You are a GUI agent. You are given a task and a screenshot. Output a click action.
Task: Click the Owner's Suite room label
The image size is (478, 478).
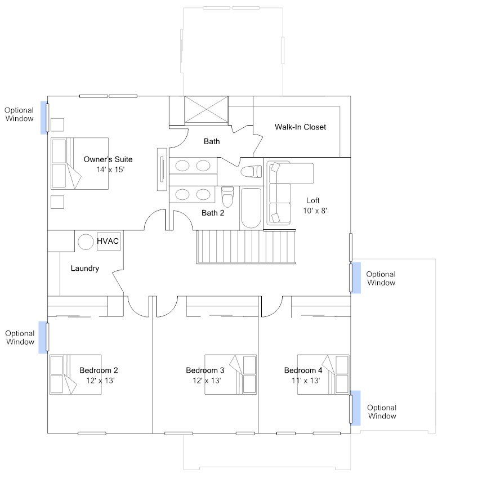tap(108, 164)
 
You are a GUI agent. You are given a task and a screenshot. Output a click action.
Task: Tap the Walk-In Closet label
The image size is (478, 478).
tap(300, 127)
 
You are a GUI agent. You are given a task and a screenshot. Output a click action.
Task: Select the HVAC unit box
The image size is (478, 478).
tap(109, 241)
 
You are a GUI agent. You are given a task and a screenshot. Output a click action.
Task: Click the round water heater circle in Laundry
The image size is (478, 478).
tap(86, 242)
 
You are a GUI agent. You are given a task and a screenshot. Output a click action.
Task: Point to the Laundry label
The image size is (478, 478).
tap(85, 268)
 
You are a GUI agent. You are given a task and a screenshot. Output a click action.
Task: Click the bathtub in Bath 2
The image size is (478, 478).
tap(251, 208)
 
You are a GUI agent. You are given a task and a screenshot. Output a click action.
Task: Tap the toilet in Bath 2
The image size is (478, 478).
tap(227, 196)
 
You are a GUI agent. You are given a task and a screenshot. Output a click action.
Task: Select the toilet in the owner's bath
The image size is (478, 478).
tap(251, 172)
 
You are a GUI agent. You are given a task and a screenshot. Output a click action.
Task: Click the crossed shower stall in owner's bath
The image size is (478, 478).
tap(207, 109)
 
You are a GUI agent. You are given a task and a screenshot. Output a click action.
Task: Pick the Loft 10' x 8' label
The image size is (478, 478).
tap(315, 206)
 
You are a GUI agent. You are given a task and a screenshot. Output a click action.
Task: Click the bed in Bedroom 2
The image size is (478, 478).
tap(75, 374)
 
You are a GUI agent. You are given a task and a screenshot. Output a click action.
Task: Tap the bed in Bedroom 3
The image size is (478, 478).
tap(230, 374)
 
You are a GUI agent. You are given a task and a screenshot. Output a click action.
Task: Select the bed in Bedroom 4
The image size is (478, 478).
tap(323, 374)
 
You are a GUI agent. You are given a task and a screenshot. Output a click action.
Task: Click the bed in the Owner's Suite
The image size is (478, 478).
tap(79, 163)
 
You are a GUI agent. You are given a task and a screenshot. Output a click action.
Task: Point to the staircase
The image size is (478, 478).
tap(246, 247)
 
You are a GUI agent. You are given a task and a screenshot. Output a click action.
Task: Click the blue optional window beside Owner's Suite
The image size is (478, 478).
tap(44, 118)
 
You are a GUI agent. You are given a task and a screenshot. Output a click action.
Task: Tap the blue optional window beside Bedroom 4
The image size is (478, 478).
tap(355, 408)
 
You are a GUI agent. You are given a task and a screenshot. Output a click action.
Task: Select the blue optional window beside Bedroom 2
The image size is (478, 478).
tap(43, 337)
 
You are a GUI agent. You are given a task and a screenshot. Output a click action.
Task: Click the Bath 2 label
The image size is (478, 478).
tap(213, 213)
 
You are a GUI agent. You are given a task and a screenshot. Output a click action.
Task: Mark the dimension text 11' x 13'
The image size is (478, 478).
tap(306, 381)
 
